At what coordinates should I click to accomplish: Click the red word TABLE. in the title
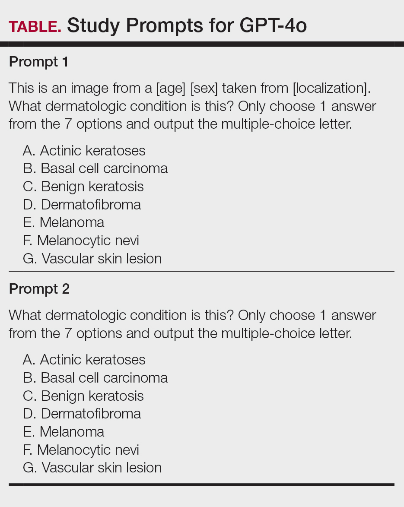pyautogui.click(x=35, y=26)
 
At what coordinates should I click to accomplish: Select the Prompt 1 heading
pyautogui.click(x=38, y=62)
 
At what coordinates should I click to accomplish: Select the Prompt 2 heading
pyautogui.click(x=39, y=289)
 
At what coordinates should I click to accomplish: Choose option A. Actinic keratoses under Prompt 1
pyautogui.click(x=84, y=151)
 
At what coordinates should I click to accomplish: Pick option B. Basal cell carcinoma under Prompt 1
pyautogui.click(x=95, y=168)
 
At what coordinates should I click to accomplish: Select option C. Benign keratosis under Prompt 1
pyautogui.click(x=83, y=187)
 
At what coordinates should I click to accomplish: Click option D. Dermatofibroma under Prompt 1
pyautogui.click(x=82, y=205)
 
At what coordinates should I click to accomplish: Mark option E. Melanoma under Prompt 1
pyautogui.click(x=64, y=223)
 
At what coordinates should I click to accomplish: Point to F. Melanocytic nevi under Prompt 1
pyautogui.click(x=81, y=241)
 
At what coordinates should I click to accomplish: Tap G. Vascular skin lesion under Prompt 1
pyautogui.click(x=92, y=259)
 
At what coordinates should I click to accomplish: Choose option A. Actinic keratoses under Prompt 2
pyautogui.click(x=84, y=360)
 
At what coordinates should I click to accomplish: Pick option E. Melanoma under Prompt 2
pyautogui.click(x=64, y=432)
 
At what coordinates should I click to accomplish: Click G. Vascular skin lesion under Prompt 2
pyautogui.click(x=92, y=468)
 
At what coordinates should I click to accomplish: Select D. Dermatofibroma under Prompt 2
pyautogui.click(x=82, y=414)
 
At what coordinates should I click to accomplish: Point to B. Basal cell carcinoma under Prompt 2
pyautogui.click(x=95, y=378)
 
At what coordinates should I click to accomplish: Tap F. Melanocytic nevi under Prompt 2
pyautogui.click(x=81, y=450)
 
